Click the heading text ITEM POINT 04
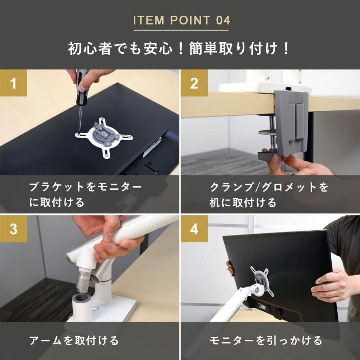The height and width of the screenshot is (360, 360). [181, 20]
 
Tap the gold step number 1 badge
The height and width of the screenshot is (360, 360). [13, 83]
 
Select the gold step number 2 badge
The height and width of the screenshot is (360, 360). [194, 83]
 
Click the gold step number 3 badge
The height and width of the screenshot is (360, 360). [13, 229]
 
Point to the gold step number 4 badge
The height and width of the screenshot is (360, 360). [194, 229]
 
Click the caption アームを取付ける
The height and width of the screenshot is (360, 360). [74, 340]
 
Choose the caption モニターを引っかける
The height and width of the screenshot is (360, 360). [266, 340]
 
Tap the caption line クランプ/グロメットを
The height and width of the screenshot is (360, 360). [269, 187]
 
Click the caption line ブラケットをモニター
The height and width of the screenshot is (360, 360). [85, 187]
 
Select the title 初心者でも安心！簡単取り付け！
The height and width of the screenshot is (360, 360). [180, 49]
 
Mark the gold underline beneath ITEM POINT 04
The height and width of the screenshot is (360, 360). [181, 30]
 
